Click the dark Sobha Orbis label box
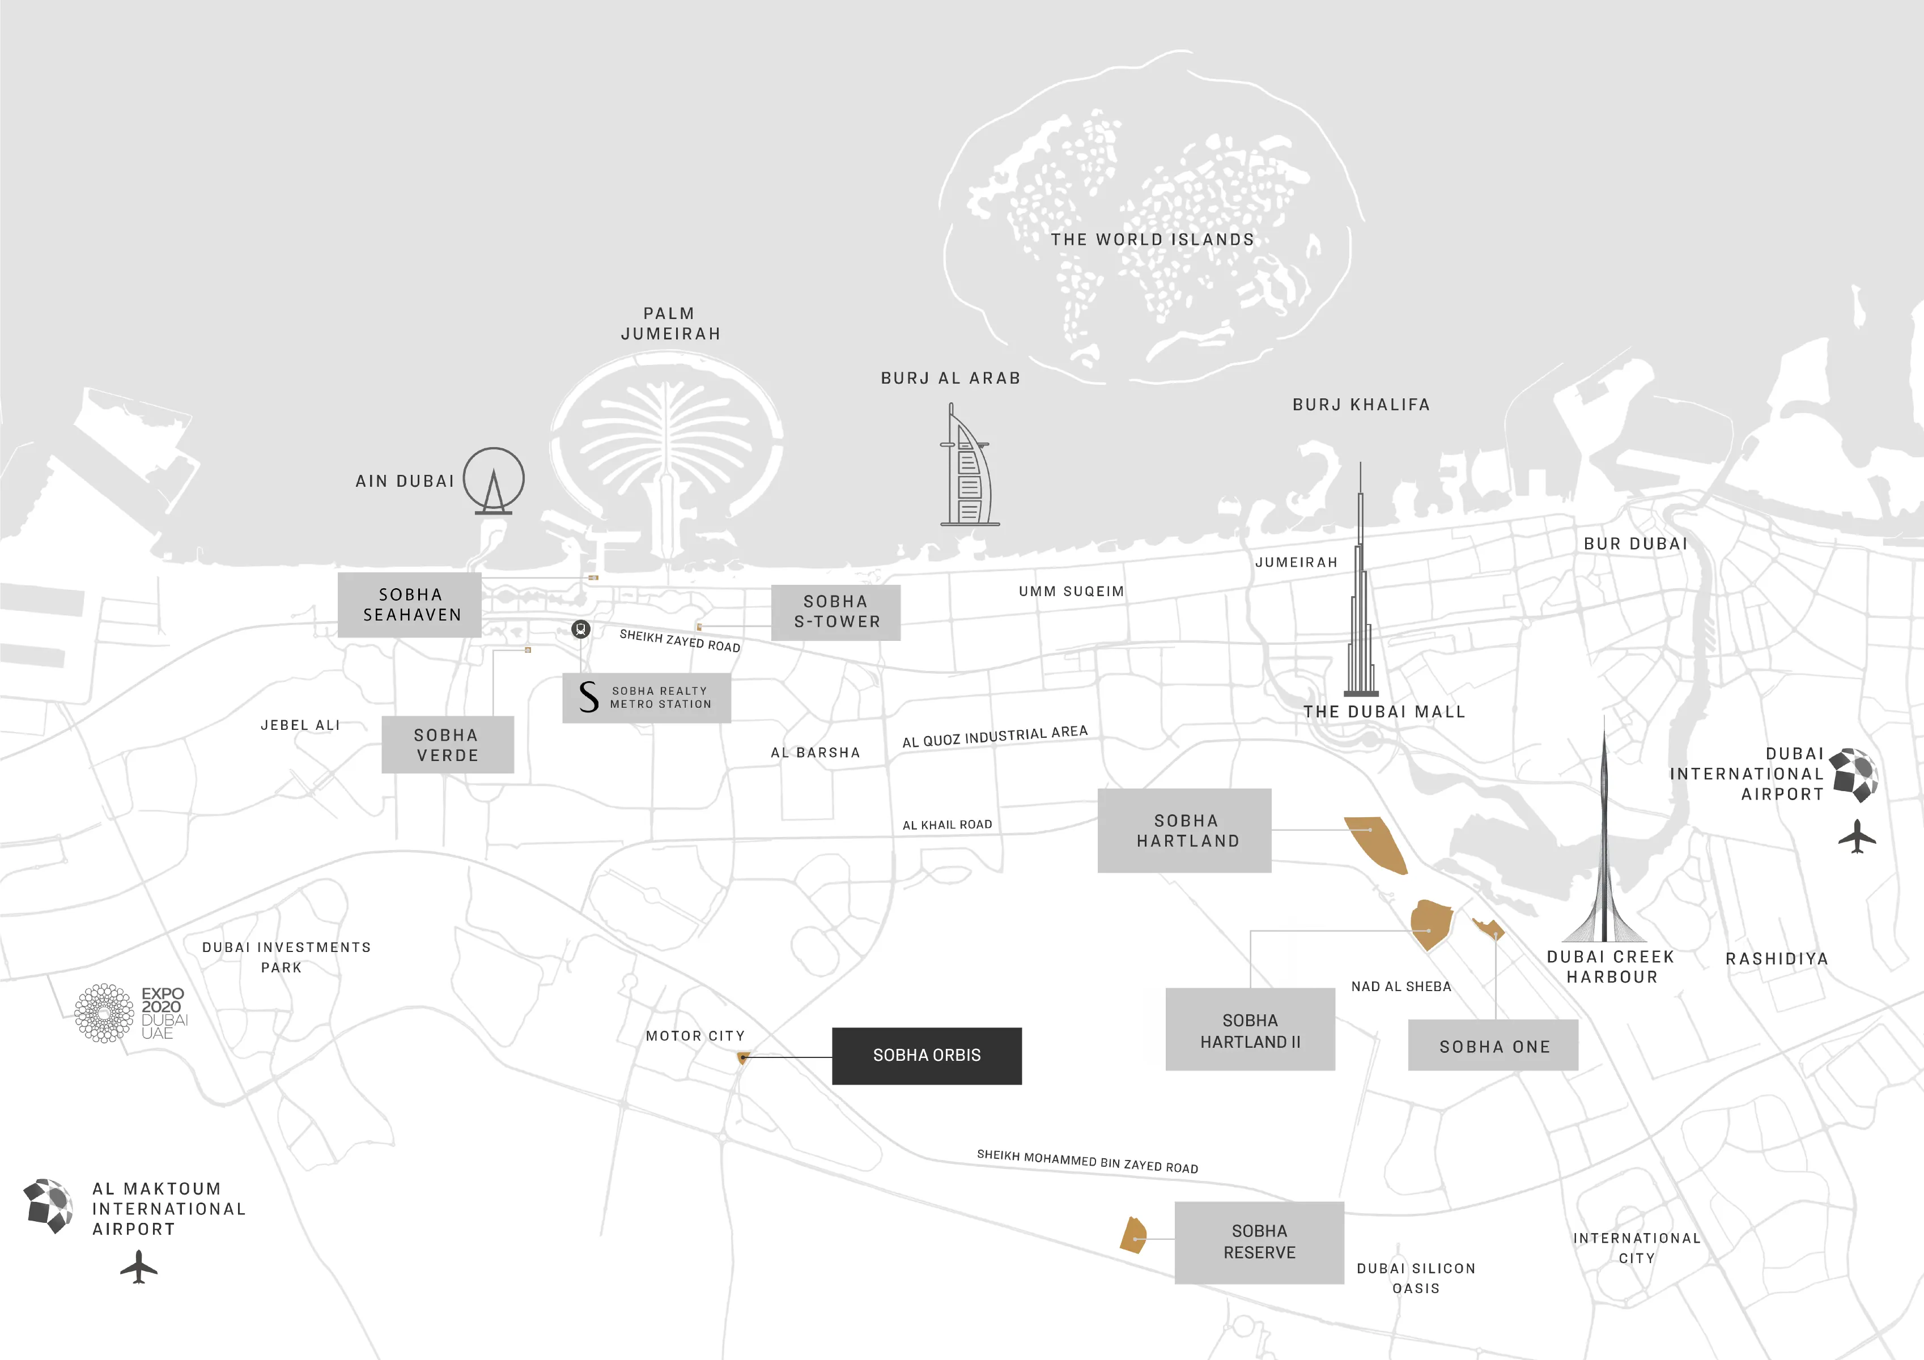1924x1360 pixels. coord(926,1056)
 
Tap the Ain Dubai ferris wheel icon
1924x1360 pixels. coord(494,480)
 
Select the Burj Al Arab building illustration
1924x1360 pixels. coord(969,469)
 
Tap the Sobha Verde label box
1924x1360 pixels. coord(448,745)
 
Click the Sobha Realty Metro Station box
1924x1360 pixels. coord(646,697)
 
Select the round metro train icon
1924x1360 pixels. coord(581,630)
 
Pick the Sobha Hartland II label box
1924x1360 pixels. coord(1250,1030)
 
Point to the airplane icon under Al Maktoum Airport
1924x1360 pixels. coord(139,1266)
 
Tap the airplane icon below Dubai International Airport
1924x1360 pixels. coord(1857,836)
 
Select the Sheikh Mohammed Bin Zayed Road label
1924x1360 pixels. coord(1087,1162)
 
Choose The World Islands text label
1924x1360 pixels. coord(1152,240)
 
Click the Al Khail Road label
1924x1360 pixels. coord(947,824)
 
